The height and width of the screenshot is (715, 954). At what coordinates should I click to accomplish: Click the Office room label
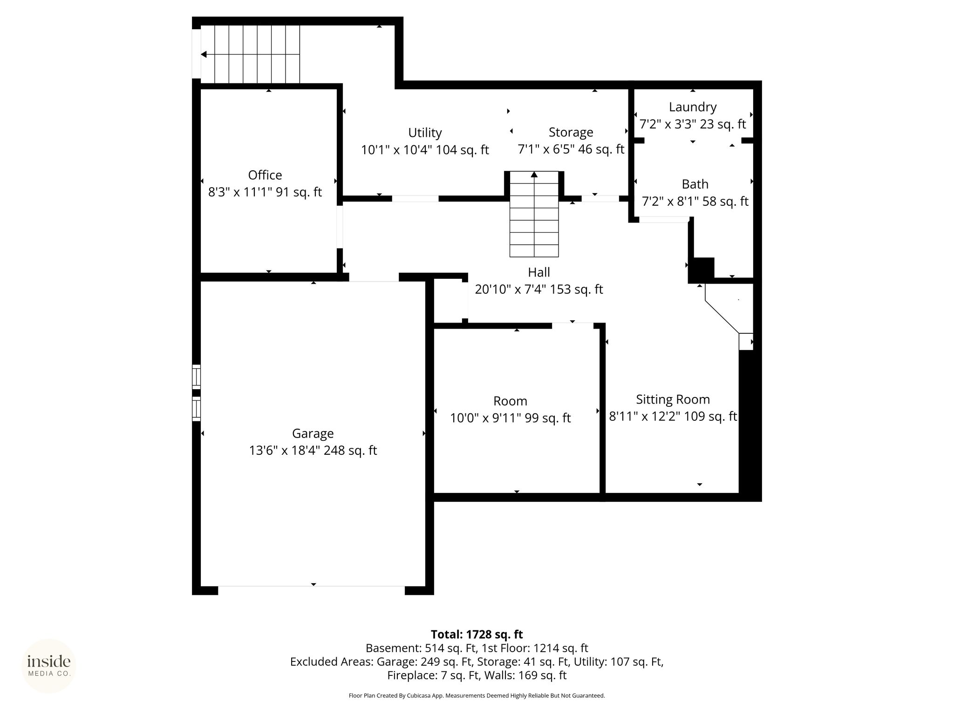(265, 175)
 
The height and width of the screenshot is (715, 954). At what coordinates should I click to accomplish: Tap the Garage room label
(313, 434)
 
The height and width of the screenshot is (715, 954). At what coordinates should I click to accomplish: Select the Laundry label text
(693, 108)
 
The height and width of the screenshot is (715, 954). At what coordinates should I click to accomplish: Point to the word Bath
(695, 184)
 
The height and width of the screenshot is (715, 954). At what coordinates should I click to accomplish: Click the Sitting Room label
(673, 400)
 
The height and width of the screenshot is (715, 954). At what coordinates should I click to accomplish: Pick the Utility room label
(425, 133)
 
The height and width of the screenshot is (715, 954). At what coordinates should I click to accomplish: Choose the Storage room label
(571, 133)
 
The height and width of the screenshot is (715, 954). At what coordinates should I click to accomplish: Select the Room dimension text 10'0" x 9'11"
(485, 418)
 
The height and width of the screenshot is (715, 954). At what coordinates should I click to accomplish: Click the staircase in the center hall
(534, 214)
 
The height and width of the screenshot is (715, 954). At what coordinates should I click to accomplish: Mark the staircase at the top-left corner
(250, 54)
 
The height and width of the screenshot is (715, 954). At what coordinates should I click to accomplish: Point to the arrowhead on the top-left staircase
(204, 54)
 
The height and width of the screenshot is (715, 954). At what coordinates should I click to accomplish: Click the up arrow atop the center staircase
(534, 175)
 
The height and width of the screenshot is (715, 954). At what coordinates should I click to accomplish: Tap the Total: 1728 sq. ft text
(477, 634)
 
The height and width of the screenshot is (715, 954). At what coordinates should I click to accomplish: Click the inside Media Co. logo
(49, 666)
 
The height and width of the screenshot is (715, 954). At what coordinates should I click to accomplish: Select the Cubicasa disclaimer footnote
(477, 696)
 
